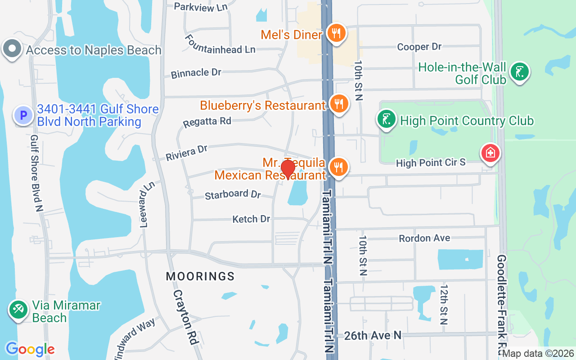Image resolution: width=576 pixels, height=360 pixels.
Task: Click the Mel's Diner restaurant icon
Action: coord(335,33)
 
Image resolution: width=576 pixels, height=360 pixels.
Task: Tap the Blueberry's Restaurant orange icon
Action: coord(339,104)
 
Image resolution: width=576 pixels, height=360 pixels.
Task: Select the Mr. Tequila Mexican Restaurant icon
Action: coord(338,167)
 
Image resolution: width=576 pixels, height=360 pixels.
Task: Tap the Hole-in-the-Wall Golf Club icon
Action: coord(520,72)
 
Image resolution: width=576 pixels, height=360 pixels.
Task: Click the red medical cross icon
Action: coord(490,153)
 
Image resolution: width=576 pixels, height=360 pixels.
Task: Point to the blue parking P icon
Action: coord(23,115)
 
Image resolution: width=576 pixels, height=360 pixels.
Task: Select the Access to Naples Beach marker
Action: coord(12,49)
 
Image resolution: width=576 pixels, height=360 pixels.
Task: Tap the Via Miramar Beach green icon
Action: coord(18,310)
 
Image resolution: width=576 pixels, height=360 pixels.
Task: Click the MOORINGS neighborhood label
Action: coord(200,276)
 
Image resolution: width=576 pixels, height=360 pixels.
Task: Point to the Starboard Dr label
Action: coord(233,194)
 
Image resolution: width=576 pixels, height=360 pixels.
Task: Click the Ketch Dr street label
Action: coord(251,219)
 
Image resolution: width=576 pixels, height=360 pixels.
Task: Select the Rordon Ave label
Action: coord(424,238)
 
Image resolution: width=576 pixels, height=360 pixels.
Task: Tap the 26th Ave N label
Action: coord(373,335)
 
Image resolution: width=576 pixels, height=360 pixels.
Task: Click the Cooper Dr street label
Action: coord(419,47)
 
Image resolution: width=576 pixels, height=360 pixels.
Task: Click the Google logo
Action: coord(30,349)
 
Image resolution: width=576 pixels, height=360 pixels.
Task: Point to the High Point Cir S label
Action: coord(431,162)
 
